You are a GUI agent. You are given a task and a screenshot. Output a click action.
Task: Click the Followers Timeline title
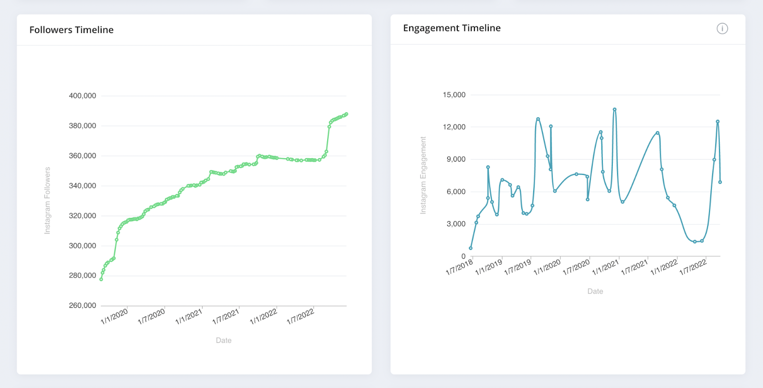coord(72,30)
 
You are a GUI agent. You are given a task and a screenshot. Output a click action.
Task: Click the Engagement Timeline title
coord(452,28)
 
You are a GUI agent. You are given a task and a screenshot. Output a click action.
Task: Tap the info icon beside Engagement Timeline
coord(722,29)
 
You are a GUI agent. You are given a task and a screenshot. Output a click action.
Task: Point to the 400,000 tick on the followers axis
coord(82,96)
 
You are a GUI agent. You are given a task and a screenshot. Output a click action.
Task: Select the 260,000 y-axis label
coord(82,306)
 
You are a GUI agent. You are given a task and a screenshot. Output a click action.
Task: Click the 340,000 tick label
coord(82,186)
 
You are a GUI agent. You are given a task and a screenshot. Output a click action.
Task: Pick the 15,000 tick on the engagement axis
coord(454,95)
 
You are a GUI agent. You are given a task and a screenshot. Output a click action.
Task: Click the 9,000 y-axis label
coord(456,159)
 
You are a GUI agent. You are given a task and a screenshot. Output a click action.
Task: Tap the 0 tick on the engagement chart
coord(463,256)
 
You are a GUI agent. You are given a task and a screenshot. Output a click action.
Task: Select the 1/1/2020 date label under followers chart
coord(114,317)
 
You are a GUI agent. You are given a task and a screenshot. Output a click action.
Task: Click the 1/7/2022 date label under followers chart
coord(300,317)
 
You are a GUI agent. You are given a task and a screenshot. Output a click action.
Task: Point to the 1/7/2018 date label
coord(459,267)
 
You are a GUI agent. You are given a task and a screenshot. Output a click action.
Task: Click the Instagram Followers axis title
coord(47,201)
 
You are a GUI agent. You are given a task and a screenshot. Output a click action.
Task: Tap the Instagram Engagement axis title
coord(423,175)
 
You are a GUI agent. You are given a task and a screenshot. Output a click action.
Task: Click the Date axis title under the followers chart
coord(224,340)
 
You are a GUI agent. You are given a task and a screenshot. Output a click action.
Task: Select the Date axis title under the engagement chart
coord(595,291)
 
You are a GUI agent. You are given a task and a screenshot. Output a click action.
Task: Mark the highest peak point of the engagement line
coord(615,110)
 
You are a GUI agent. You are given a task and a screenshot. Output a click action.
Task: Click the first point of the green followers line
coord(101,279)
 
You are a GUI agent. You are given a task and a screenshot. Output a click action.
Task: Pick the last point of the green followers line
coord(346,114)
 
